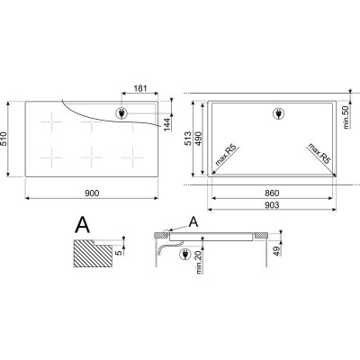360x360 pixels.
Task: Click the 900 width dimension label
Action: tap(92, 193)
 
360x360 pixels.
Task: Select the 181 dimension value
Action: tap(139, 88)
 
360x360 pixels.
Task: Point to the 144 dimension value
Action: tap(167, 124)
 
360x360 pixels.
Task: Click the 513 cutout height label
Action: tap(188, 139)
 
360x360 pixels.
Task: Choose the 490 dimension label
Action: tap(199, 139)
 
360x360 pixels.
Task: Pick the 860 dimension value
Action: tap(272, 193)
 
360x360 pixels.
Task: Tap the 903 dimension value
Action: tap(272, 205)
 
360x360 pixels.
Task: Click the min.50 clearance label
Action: tap(346, 117)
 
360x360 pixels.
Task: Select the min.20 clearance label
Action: tap(200, 262)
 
